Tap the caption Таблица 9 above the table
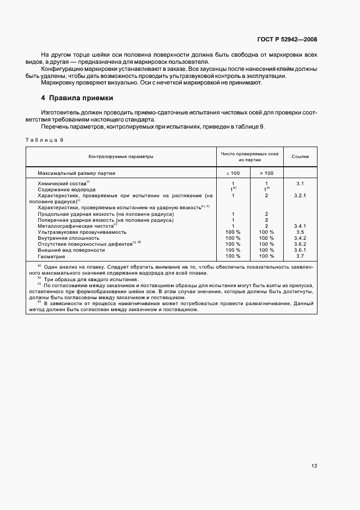point(45,140)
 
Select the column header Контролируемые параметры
point(121,156)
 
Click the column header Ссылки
point(300,156)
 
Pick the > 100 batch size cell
point(267,173)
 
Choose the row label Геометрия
point(51,256)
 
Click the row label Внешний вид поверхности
point(71,250)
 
